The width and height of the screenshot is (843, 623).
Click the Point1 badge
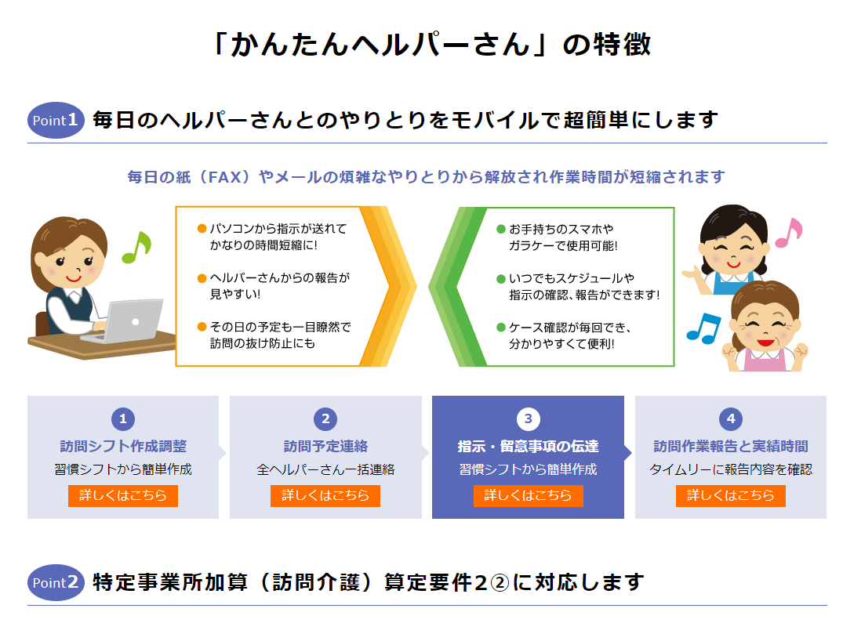(x=56, y=121)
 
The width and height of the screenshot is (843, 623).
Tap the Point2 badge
(x=56, y=582)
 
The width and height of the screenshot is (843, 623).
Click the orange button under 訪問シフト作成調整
(x=122, y=495)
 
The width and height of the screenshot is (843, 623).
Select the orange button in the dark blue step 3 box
(x=528, y=495)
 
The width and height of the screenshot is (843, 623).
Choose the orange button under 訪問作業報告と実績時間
(x=731, y=495)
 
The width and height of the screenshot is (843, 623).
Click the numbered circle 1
(x=123, y=419)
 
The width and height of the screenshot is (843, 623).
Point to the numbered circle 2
(x=325, y=419)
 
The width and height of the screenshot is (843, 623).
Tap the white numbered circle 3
(x=528, y=419)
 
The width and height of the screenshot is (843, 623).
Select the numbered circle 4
(x=731, y=419)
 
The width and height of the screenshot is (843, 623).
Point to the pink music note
(x=789, y=233)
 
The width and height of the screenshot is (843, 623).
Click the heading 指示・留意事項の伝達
(x=528, y=447)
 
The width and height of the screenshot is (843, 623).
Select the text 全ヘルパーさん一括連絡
(x=325, y=469)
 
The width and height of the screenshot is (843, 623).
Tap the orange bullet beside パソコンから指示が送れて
(x=202, y=229)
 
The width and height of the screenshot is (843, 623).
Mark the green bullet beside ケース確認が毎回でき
(x=501, y=328)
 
